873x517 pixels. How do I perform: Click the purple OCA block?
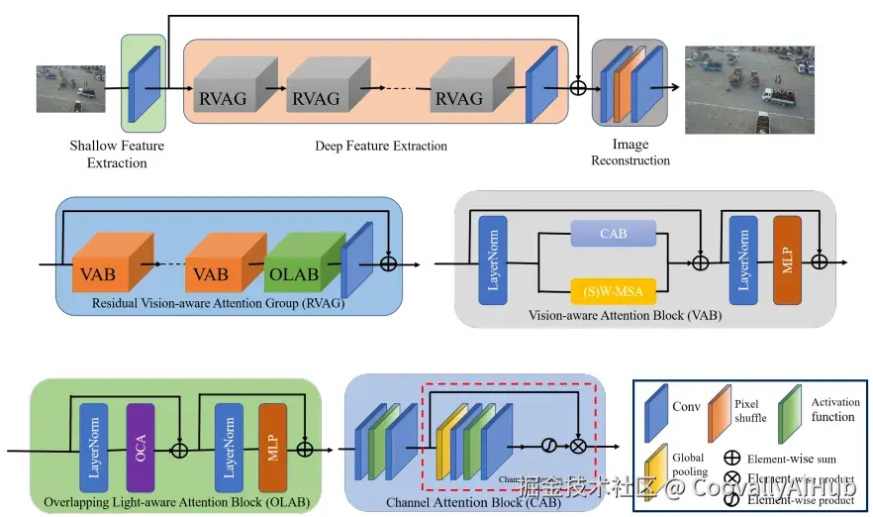[x=141, y=449]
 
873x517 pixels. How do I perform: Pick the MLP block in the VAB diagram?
[x=786, y=261]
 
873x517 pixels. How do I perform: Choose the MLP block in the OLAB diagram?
[x=272, y=449]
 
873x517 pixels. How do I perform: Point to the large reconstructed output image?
[x=749, y=89]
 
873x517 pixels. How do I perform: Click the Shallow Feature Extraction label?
[x=117, y=154]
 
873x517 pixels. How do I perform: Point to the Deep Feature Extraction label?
[x=381, y=146]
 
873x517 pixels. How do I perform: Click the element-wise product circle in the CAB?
[x=577, y=447]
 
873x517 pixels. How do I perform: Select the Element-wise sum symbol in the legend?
[x=734, y=459]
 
